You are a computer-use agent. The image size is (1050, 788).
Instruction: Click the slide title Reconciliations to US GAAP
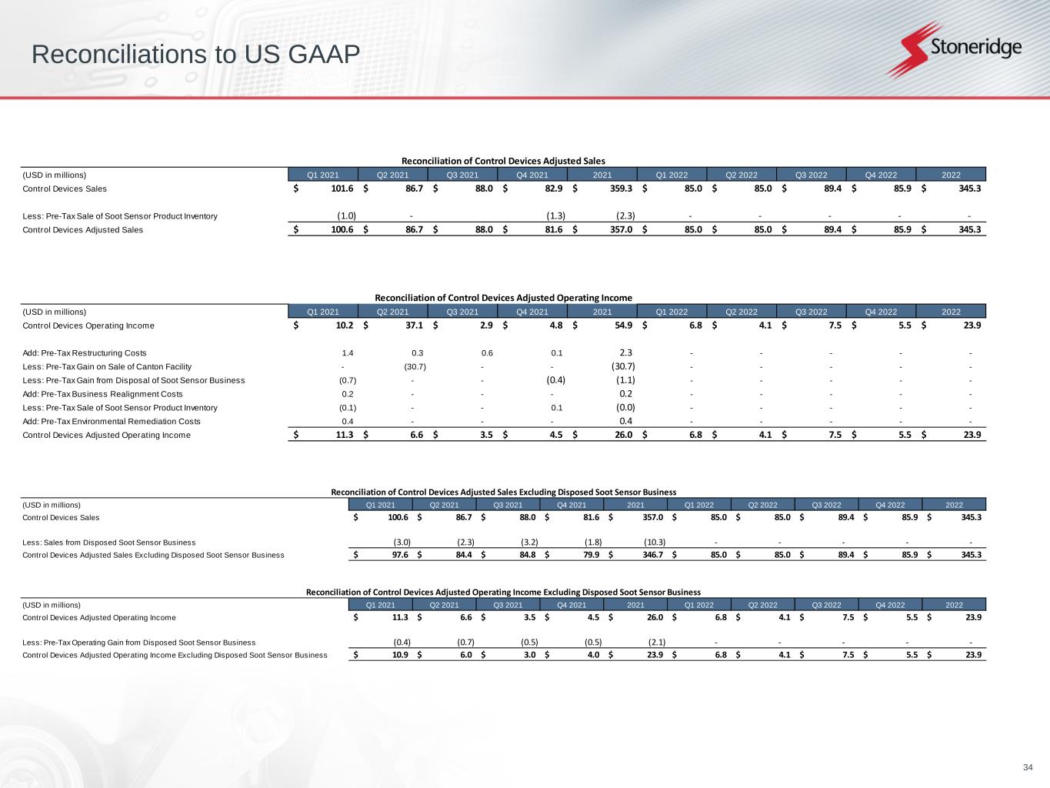(196, 55)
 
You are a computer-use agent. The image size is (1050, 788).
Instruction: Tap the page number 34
(1028, 767)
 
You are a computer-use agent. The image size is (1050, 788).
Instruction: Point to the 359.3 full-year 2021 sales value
(620, 189)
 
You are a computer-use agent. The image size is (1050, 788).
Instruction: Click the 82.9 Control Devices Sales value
(551, 189)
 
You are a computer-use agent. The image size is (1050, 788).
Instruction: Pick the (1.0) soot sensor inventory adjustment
(346, 216)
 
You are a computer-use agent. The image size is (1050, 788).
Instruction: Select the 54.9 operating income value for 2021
(623, 326)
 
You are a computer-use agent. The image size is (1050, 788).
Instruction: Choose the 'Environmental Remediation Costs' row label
(112, 422)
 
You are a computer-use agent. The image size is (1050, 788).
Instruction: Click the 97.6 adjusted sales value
(400, 555)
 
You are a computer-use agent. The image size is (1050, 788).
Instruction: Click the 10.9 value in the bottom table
(400, 655)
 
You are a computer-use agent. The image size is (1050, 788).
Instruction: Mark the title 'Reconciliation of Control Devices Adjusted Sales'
(504, 161)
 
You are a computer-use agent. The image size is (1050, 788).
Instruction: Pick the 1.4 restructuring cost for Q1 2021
(348, 353)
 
